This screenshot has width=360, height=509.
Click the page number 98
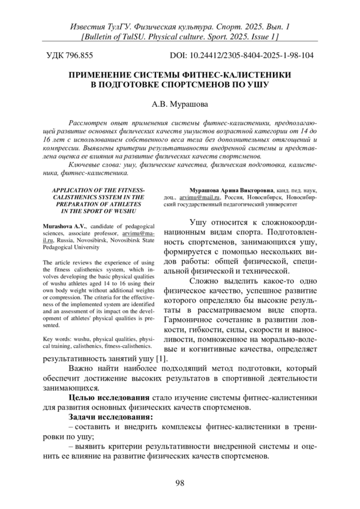[x=179, y=484]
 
